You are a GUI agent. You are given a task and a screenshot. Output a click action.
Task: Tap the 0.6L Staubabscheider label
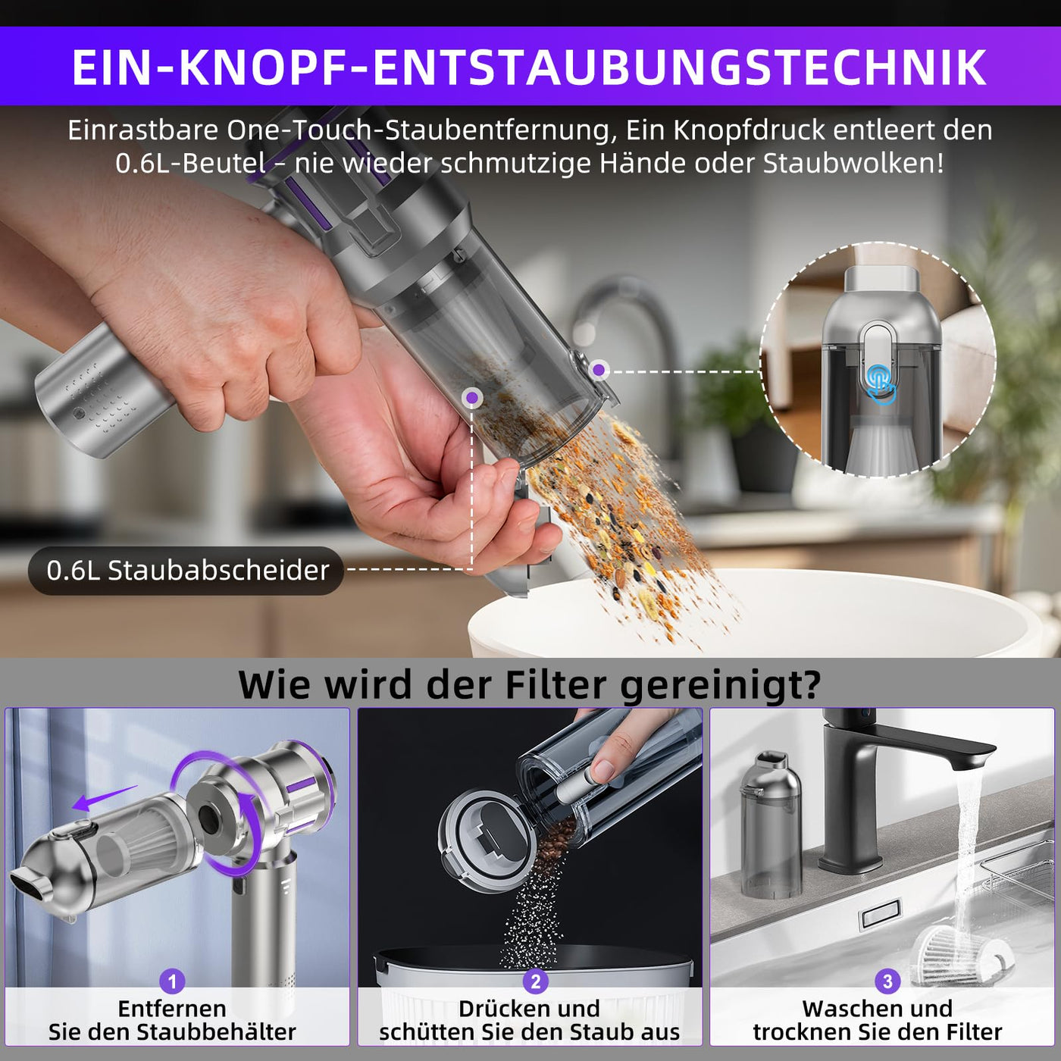186,571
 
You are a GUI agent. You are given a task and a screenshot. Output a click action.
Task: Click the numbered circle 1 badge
172,981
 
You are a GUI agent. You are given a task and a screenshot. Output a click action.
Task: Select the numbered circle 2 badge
535,981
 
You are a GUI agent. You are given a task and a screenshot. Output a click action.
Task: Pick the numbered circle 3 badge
887,981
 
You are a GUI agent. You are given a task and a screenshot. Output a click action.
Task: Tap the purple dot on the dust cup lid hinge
599,370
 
